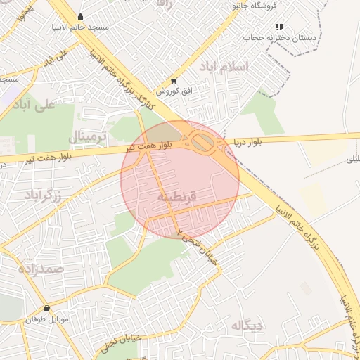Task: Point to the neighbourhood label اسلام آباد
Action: coord(224,66)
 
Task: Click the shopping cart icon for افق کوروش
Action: coord(174,81)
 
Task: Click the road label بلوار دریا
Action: coord(247,143)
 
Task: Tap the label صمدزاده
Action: coord(40,269)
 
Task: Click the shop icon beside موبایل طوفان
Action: coord(46,308)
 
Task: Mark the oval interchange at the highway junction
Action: coord(203,143)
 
